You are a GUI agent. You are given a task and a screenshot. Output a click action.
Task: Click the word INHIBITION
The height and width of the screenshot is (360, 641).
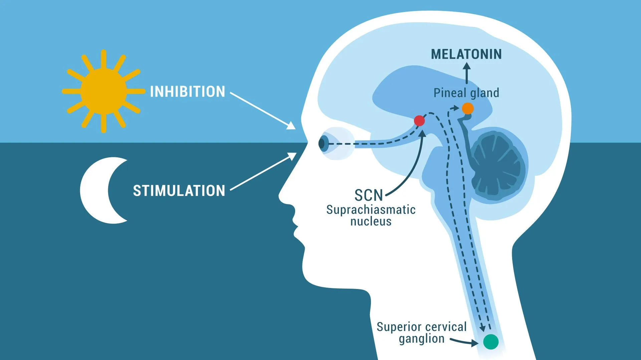click(188, 92)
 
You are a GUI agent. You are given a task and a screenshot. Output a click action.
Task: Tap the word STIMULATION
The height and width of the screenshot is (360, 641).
click(179, 191)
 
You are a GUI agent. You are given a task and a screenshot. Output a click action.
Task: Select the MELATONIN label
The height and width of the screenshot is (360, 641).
click(466, 54)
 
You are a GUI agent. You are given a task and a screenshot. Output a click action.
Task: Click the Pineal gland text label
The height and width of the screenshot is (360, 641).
click(466, 93)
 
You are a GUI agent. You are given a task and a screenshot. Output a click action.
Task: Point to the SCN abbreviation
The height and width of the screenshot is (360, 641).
click(369, 195)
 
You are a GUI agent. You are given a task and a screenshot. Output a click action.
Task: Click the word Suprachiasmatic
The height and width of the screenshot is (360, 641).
click(371, 210)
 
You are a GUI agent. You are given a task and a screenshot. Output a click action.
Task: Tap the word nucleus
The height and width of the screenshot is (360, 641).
click(371, 221)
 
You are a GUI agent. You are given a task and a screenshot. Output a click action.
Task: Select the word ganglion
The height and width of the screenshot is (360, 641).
click(422, 339)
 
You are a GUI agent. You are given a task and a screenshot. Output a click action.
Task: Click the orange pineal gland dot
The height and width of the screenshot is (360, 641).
click(468, 108)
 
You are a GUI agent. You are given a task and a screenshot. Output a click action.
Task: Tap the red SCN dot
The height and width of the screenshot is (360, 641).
click(419, 121)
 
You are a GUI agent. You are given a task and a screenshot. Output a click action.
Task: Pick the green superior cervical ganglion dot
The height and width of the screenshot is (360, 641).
click(491, 342)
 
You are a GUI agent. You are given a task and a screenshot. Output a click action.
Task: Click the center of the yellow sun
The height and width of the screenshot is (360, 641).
click(103, 91)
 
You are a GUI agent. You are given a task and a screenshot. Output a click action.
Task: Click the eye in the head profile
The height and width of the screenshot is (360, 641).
click(323, 144)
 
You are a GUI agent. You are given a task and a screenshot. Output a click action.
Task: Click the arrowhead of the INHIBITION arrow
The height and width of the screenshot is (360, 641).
click(291, 126)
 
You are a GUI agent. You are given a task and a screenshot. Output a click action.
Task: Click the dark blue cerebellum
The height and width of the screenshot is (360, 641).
click(497, 165)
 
